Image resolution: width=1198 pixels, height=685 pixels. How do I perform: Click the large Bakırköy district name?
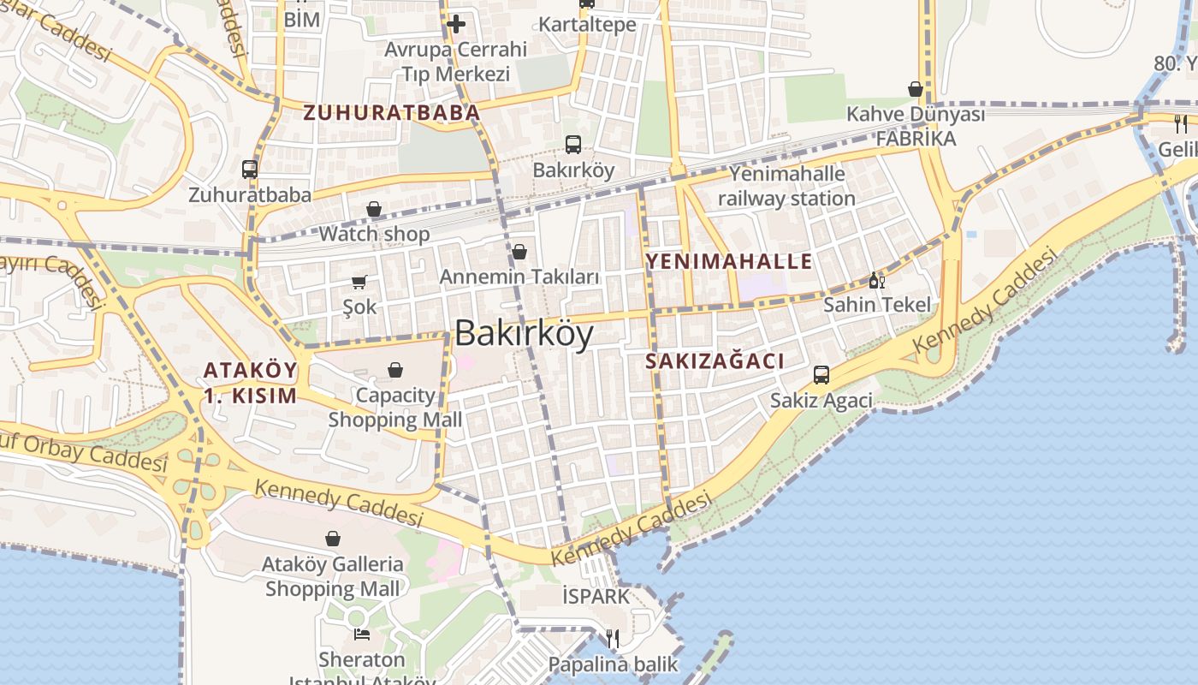[x=524, y=333]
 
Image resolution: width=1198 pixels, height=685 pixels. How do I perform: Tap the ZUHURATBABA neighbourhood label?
[x=391, y=112]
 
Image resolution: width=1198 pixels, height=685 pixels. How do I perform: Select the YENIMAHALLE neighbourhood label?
[x=728, y=261]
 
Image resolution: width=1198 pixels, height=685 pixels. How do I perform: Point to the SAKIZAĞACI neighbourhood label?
[x=715, y=361]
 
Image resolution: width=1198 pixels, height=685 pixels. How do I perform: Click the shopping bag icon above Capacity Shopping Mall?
[x=395, y=370]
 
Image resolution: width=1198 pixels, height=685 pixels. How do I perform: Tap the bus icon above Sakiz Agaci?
[x=821, y=375]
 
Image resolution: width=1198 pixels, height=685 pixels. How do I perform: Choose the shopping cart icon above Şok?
[x=359, y=282]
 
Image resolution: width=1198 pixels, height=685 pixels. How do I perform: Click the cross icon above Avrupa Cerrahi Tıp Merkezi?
[x=456, y=24]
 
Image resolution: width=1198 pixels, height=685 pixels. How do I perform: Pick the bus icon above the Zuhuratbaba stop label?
[x=250, y=170]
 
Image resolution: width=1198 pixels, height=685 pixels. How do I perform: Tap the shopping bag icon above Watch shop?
[x=374, y=209]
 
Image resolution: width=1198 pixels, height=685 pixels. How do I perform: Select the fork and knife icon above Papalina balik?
[x=613, y=639]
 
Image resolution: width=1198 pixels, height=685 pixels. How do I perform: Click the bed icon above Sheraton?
[x=362, y=634]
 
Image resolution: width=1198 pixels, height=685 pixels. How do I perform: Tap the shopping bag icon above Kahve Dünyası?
[x=916, y=89]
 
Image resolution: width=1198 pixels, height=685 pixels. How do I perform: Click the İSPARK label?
[x=596, y=596]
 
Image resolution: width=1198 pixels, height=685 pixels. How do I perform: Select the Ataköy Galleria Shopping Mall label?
[x=332, y=576]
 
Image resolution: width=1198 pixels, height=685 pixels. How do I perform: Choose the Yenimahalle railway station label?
[x=786, y=186]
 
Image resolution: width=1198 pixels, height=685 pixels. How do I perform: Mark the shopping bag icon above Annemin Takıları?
[x=519, y=252]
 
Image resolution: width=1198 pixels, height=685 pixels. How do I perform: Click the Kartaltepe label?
[x=587, y=24]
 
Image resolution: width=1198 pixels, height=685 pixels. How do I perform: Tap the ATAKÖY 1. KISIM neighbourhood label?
[x=250, y=383]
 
